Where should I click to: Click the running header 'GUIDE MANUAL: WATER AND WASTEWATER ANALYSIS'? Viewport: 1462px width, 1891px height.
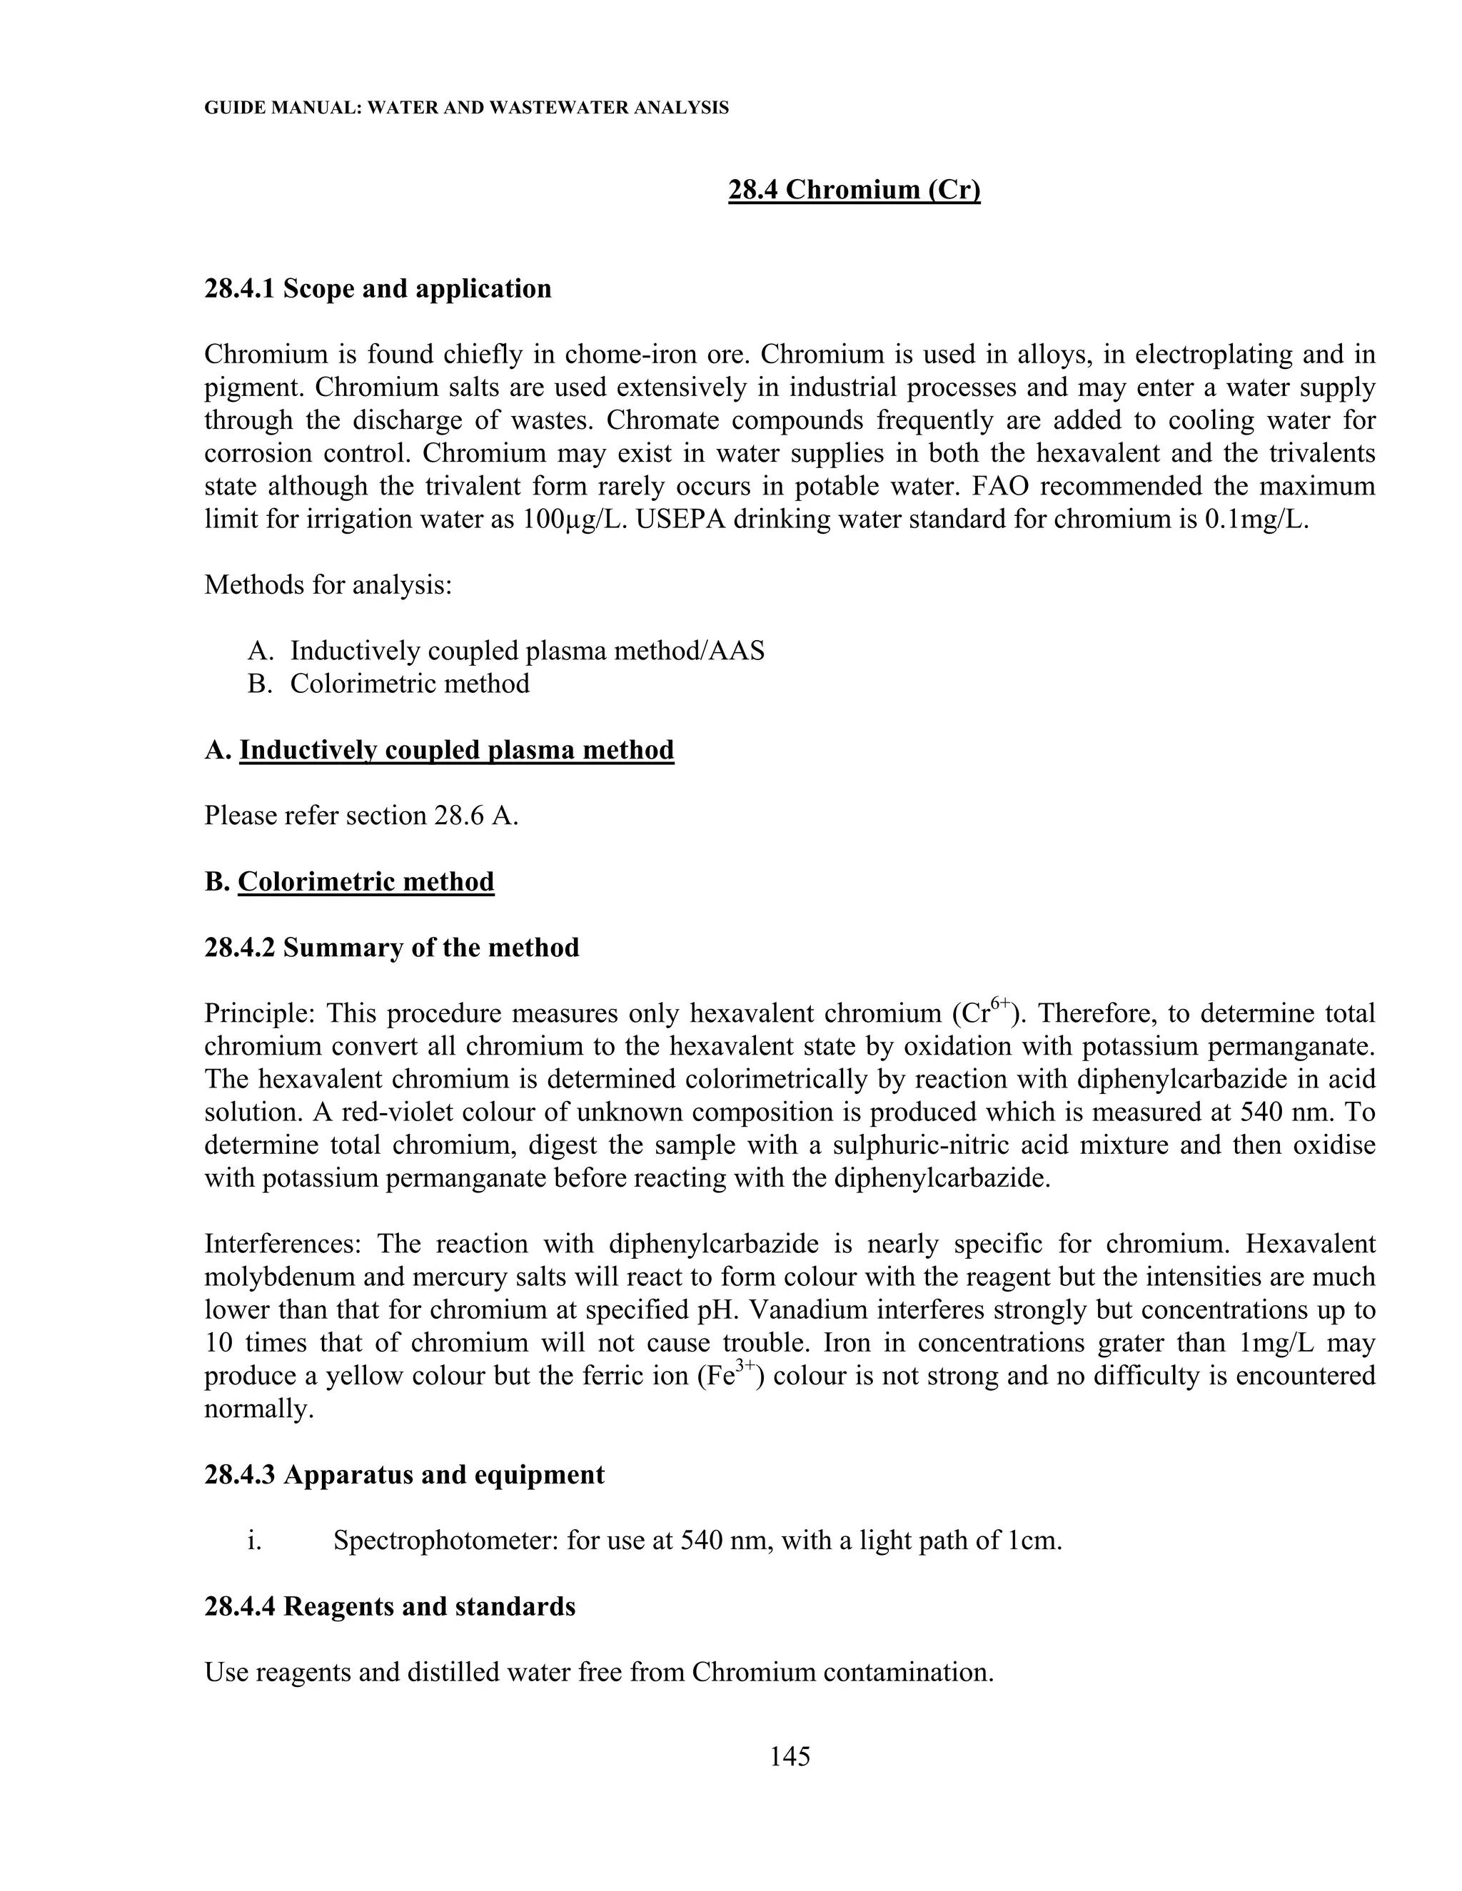coord(466,108)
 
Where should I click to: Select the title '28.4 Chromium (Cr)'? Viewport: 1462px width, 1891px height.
coord(854,189)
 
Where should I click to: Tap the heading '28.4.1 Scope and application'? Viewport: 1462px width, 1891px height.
coord(378,288)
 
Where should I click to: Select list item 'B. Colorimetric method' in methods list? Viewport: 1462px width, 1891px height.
coord(389,684)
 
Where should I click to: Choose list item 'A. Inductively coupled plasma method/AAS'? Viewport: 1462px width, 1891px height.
coord(506,651)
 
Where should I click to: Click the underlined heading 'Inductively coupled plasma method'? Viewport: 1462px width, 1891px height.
coord(456,750)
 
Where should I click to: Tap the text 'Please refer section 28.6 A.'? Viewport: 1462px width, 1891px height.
coord(361,816)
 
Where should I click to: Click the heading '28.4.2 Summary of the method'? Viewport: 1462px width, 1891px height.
coord(391,948)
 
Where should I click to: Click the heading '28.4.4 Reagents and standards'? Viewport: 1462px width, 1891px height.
coord(390,1607)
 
